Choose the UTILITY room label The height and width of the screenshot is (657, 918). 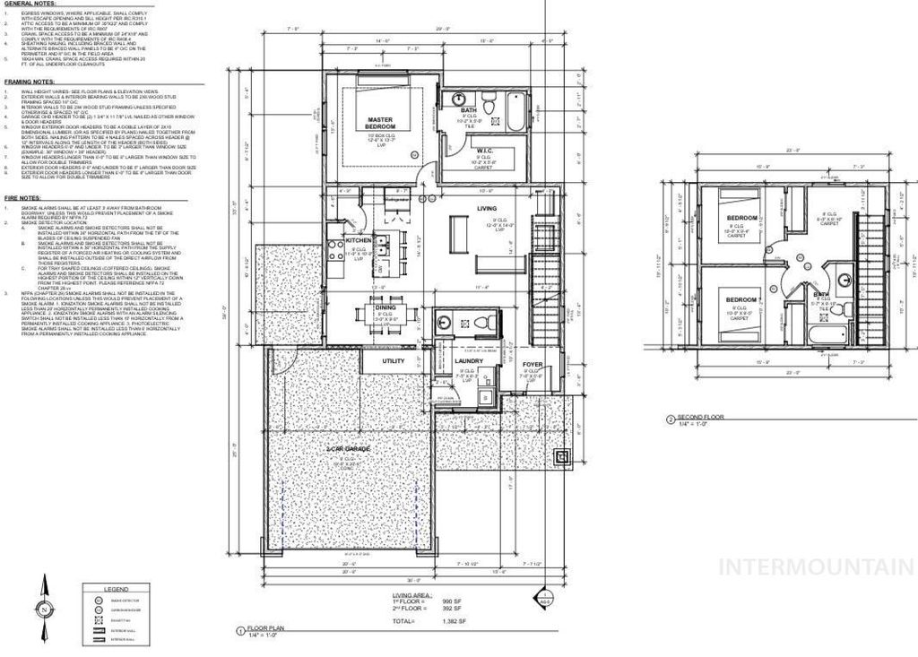pyautogui.click(x=394, y=361)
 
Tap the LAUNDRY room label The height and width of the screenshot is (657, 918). pyautogui.click(x=469, y=362)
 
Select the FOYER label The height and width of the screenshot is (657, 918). pyautogui.click(x=533, y=364)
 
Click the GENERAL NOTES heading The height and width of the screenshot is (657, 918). pyautogui.click(x=26, y=4)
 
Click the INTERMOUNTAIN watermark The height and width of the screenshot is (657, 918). pyautogui.click(x=816, y=566)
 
